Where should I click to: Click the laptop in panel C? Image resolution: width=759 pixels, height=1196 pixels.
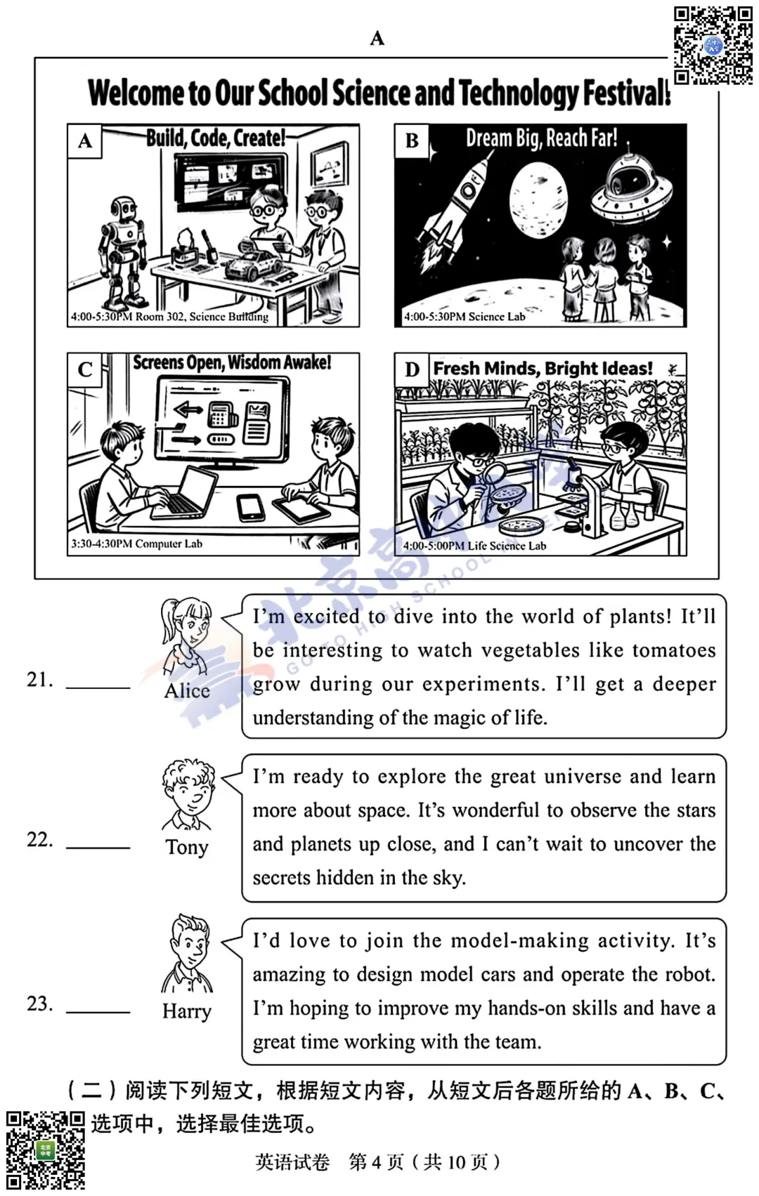click(184, 493)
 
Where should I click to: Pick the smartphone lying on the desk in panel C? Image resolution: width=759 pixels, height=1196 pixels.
click(250, 506)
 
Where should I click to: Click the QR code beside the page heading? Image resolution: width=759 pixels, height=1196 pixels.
click(713, 45)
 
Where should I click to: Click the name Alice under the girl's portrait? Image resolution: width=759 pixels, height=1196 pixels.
click(186, 691)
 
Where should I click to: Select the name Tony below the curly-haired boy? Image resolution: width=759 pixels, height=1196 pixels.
click(186, 848)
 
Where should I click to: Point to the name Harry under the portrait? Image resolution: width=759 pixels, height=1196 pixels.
click(187, 1011)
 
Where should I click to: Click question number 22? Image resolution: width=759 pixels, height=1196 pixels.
click(40, 840)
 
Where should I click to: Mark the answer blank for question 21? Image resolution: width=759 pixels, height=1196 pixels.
click(98, 688)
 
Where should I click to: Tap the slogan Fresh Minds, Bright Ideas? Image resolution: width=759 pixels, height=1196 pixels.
click(543, 369)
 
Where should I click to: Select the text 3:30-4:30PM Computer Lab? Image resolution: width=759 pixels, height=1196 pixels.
click(137, 544)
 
